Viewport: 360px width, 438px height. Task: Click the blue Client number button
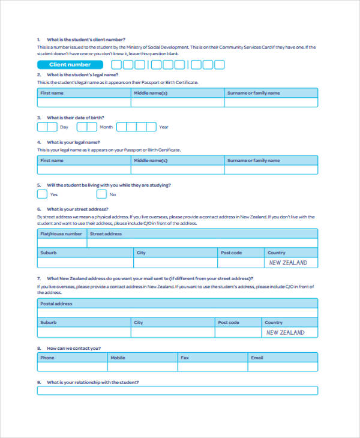(70, 65)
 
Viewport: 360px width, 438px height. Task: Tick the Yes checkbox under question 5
(42, 194)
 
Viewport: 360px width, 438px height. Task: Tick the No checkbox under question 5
(101, 194)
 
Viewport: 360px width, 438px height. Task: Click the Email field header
(257, 358)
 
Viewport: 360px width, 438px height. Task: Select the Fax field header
(185, 358)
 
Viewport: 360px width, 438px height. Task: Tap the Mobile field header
(118, 358)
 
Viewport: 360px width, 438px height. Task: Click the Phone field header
(47, 358)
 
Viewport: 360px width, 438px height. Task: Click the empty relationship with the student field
(178, 391)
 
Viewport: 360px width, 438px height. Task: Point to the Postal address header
(56, 304)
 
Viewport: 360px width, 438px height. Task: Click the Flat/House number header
(61, 234)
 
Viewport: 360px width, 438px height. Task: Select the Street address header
(106, 234)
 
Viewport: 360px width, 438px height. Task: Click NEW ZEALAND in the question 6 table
(288, 263)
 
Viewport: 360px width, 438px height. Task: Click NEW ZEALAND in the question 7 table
(285, 332)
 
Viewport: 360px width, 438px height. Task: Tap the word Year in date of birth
(164, 127)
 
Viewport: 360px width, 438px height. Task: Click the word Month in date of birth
(106, 127)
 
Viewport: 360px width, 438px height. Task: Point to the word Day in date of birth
(64, 127)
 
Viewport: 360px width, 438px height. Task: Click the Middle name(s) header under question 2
(151, 93)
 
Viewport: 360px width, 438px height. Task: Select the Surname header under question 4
(253, 160)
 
